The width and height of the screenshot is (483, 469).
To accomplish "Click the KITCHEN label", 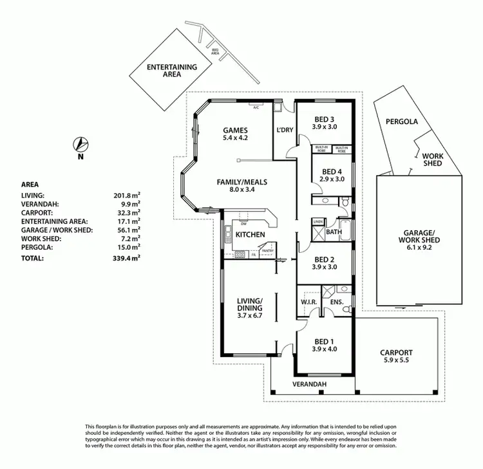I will (x=249, y=235).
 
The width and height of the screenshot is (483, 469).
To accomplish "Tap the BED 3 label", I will (x=324, y=119).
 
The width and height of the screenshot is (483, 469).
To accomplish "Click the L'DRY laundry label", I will (x=284, y=131).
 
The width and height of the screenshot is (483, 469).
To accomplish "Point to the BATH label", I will (x=333, y=231).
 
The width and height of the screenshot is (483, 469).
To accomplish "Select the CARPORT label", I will (x=397, y=353).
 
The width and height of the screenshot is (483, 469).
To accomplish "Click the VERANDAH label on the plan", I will (x=310, y=384).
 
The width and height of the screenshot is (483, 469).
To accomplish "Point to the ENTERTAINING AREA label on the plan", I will (x=163, y=70).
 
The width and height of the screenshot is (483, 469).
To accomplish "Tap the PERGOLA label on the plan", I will (x=402, y=121).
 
